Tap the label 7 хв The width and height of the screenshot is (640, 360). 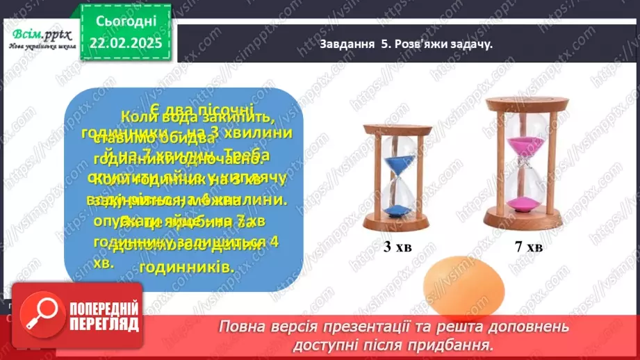pos(525,246)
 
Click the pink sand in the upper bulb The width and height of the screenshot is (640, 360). pos(525,147)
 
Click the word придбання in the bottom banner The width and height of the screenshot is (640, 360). pos(459,343)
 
